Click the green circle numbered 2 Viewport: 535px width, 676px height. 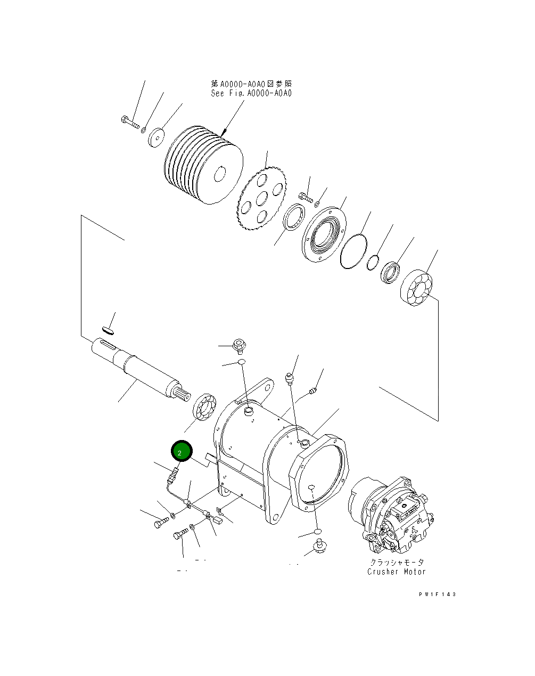[x=180, y=452]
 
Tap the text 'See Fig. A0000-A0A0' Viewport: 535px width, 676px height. [x=251, y=93]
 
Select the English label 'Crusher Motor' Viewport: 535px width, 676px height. [x=397, y=572]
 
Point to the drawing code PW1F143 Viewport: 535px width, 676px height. [x=438, y=594]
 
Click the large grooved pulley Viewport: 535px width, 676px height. [x=203, y=164]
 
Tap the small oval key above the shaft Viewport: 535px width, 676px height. [x=107, y=330]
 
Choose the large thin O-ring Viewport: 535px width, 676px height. [x=352, y=250]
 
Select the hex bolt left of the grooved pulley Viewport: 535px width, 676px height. [x=129, y=123]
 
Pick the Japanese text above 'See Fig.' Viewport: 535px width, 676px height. [x=251, y=84]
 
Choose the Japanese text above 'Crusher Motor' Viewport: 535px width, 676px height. [x=397, y=562]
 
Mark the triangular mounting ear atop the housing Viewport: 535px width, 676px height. [x=259, y=388]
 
